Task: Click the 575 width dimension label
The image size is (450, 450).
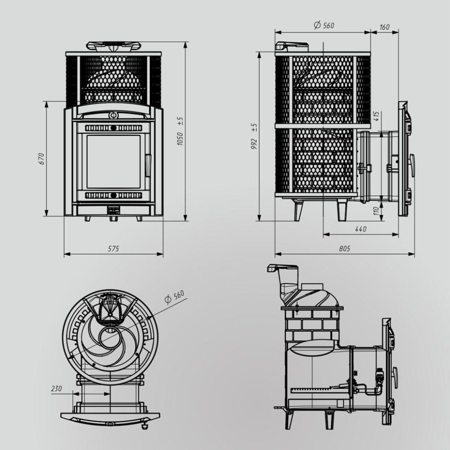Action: [114, 249]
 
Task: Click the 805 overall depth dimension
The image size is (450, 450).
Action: [344, 249]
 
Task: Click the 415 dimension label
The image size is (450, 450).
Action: [376, 116]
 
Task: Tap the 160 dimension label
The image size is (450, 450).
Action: [384, 27]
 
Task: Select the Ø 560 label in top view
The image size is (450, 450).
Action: [175, 296]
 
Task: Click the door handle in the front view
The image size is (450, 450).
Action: [148, 166]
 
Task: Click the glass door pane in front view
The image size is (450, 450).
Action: [113, 161]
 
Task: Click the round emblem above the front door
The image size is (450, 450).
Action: [112, 115]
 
